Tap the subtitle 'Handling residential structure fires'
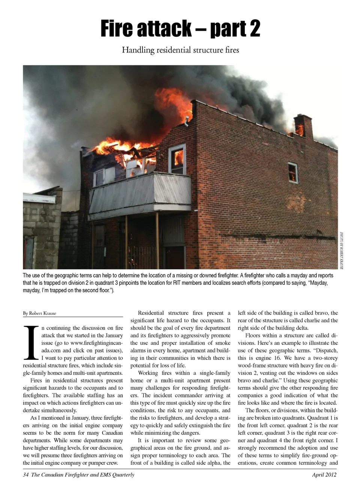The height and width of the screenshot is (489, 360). [x=180, y=50]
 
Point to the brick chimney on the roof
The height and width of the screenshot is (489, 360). [x=303, y=126]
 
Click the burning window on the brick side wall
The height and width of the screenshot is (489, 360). [x=292, y=172]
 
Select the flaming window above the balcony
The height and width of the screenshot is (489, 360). [x=177, y=159]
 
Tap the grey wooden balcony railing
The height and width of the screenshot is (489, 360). [x=140, y=192]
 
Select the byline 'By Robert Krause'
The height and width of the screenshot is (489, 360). [x=39, y=313]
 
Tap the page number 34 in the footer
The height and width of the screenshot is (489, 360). [x=26, y=475]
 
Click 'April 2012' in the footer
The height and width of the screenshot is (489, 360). [x=324, y=475]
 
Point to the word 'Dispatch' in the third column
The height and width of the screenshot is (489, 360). [x=325, y=351]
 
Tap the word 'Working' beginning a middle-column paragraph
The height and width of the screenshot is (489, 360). [x=148, y=373]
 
